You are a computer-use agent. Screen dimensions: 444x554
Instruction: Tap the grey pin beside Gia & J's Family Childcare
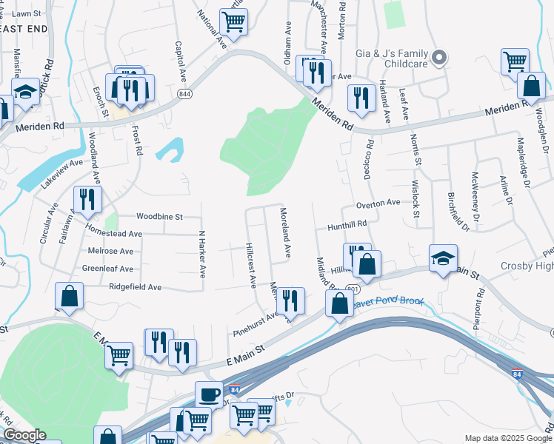[439, 57]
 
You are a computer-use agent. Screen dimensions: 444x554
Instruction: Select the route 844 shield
[184, 94]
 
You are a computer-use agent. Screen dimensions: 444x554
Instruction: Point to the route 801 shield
[352, 289]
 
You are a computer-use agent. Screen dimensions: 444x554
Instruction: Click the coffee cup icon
[209, 394]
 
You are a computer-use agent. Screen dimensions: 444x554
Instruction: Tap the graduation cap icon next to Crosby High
[443, 258]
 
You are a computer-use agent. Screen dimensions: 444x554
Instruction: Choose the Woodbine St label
[159, 217]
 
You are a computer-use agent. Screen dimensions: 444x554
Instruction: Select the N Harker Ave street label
[201, 253]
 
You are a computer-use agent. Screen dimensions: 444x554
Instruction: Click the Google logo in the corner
[24, 435]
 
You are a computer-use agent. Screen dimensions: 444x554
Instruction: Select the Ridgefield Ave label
[135, 286]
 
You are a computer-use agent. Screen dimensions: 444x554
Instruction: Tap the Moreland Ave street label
[285, 232]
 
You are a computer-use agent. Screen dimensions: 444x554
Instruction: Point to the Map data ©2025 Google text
[507, 438]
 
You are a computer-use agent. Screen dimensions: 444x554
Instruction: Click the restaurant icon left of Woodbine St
[87, 198]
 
